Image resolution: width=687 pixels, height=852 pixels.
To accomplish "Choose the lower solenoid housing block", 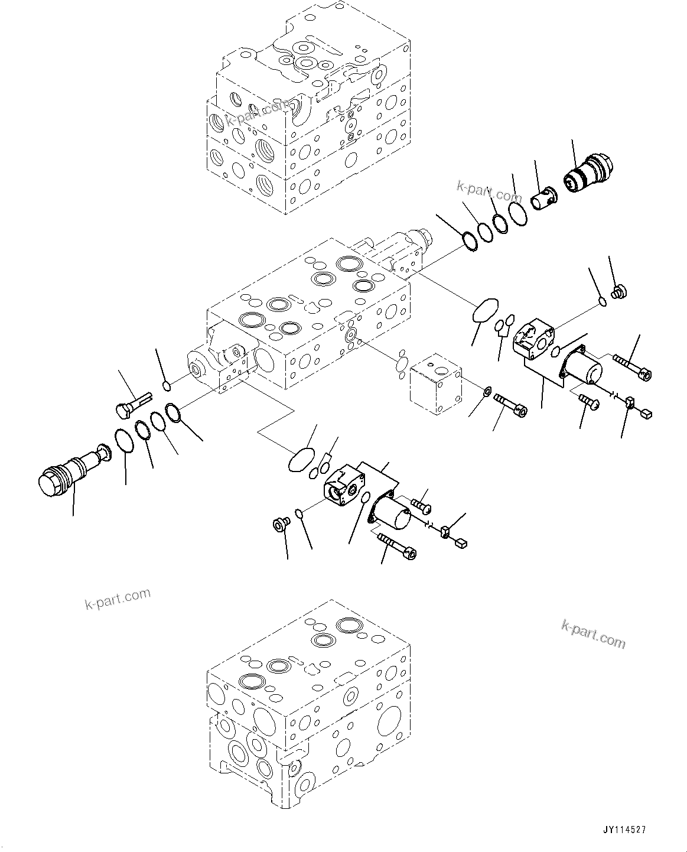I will [x=344, y=483].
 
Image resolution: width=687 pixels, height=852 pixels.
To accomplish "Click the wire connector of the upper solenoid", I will [x=645, y=413].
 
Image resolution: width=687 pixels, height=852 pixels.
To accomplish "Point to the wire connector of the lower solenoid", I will [x=461, y=539].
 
